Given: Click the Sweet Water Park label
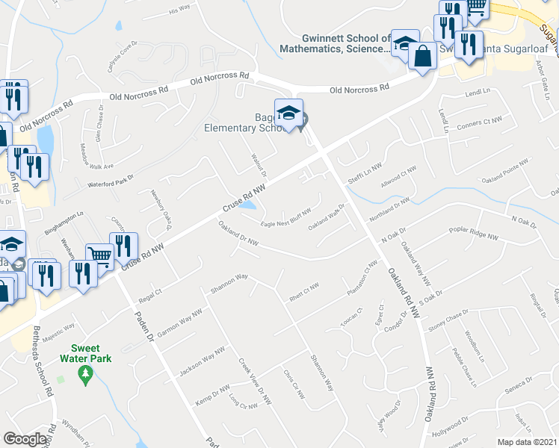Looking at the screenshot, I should pyautogui.click(x=91, y=353).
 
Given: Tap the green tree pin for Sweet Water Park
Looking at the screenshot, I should pyautogui.click(x=85, y=373).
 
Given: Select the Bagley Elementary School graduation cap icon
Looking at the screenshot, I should pyautogui.click(x=289, y=114).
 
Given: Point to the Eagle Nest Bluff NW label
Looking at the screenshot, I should pyautogui.click(x=285, y=217).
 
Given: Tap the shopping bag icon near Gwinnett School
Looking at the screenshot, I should pyautogui.click(x=422, y=57).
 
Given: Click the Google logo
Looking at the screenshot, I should pyautogui.click(x=25, y=439).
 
